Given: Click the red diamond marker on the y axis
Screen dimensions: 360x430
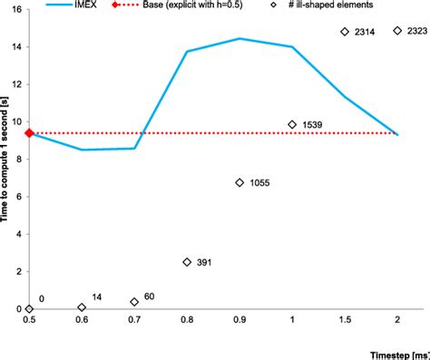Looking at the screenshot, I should (x=29, y=133).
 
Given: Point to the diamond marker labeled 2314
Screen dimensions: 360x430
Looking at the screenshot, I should (x=345, y=32).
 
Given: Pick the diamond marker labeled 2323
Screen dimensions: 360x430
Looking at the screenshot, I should (x=397, y=31).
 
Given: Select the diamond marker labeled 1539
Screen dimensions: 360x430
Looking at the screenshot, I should (x=292, y=124).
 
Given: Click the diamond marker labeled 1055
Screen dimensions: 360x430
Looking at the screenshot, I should (x=239, y=182).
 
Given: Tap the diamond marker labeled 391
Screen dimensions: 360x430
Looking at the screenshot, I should (x=187, y=262).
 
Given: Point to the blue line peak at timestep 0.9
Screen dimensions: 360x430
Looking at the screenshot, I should (x=239, y=38).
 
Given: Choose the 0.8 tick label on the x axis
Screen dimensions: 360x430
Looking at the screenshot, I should (x=187, y=321).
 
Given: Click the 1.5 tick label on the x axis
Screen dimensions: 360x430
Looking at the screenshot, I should (x=345, y=321).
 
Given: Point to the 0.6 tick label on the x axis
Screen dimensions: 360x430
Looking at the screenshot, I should (x=82, y=321).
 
